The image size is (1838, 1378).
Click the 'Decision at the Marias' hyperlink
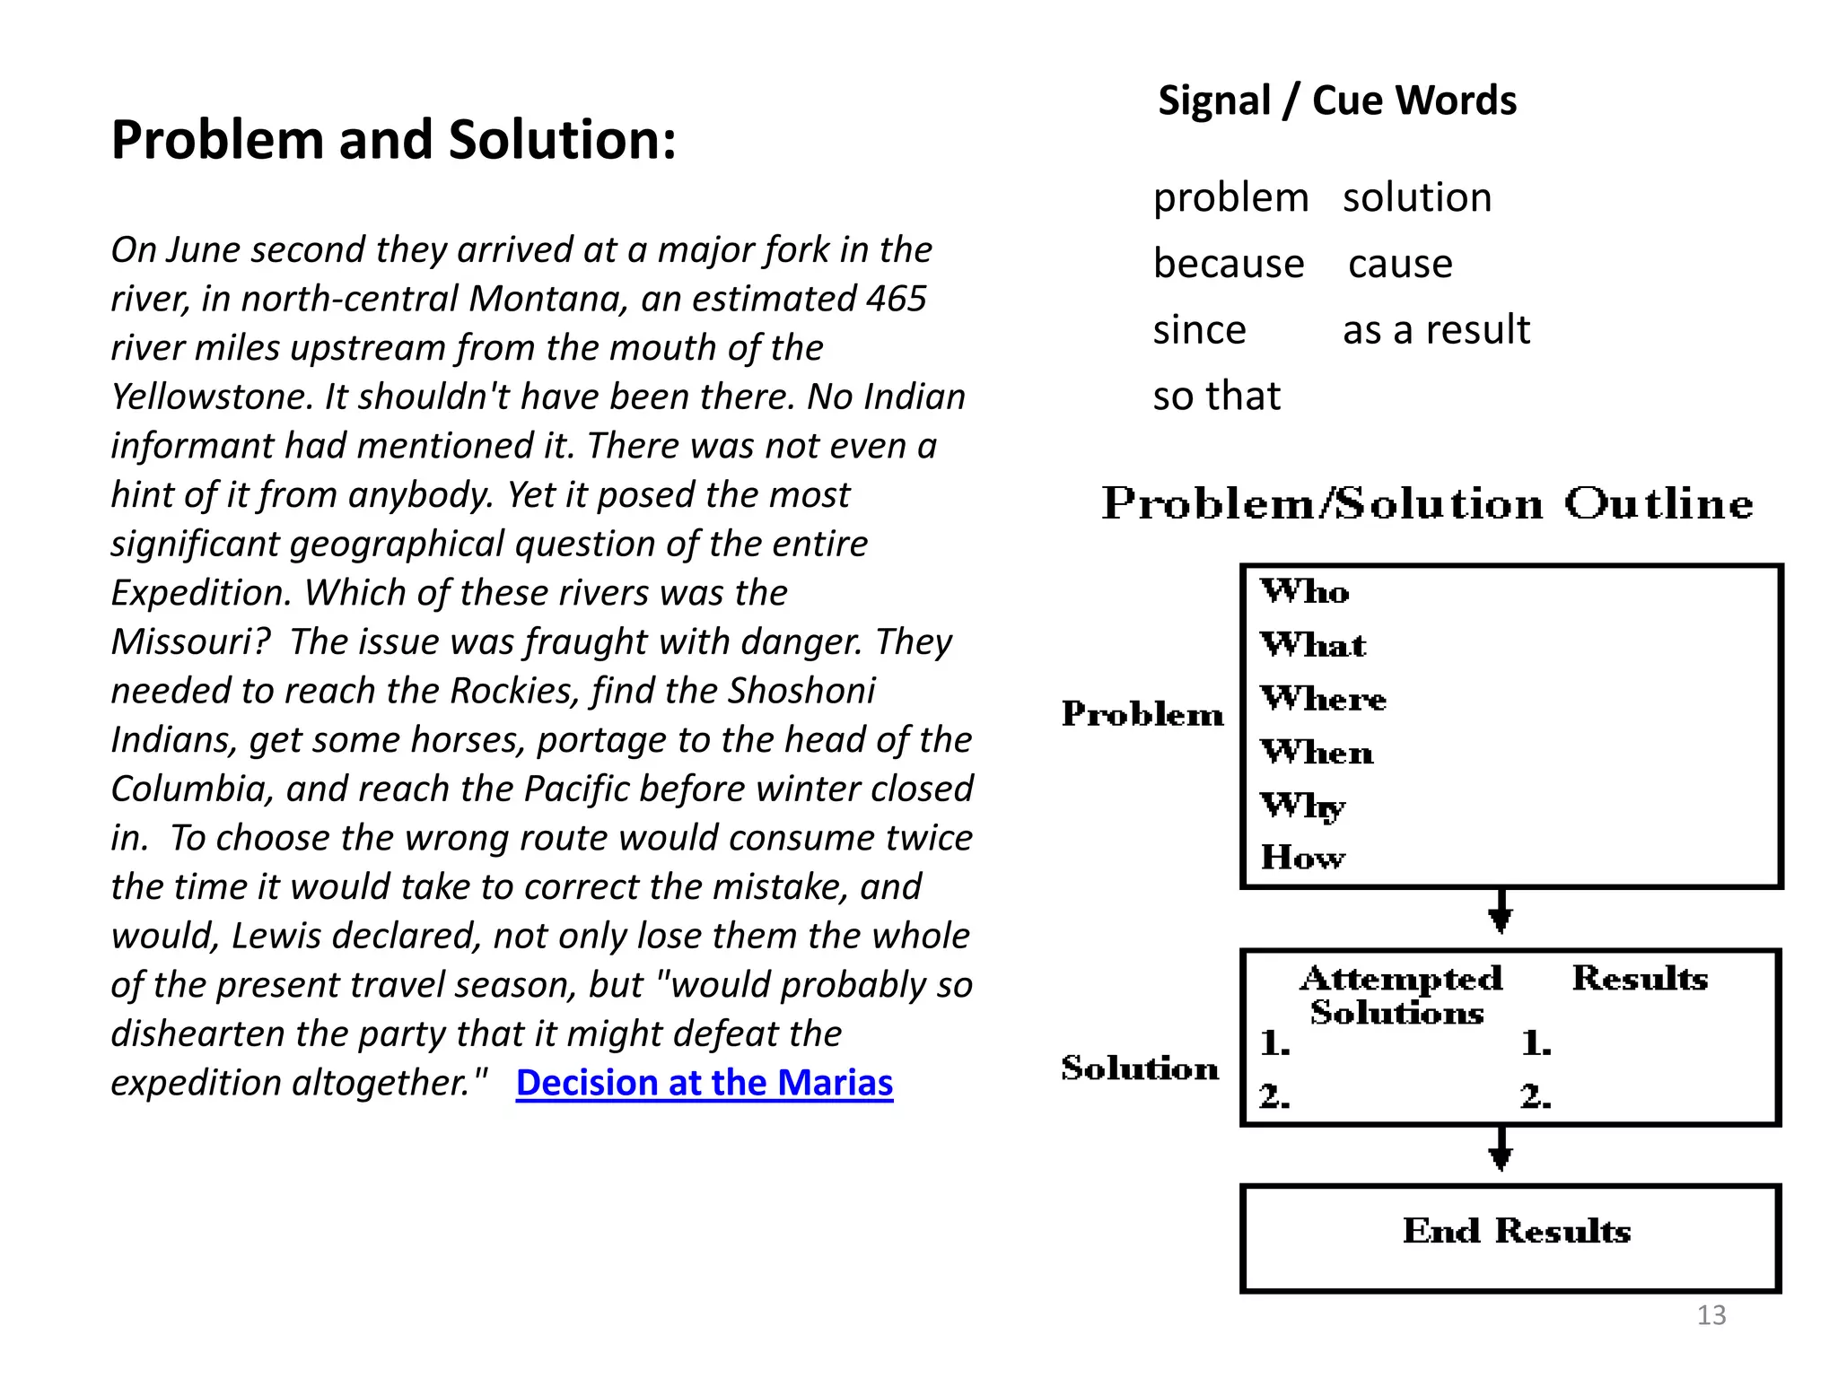(x=705, y=1083)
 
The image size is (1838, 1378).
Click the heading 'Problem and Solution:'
(x=393, y=141)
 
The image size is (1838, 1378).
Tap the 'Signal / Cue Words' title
(x=1336, y=100)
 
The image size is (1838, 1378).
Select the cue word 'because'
(x=1228, y=264)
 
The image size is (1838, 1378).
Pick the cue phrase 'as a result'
(x=1436, y=330)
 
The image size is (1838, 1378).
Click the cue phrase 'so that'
(x=1216, y=396)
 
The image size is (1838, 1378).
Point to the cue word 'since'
(x=1199, y=330)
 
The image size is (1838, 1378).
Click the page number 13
(x=1711, y=1315)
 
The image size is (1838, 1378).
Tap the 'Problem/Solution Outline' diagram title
(x=1427, y=503)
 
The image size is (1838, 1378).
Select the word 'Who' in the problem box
(x=1304, y=592)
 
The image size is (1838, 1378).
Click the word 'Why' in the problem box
(x=1302, y=807)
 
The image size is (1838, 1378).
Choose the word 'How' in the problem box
(x=1302, y=859)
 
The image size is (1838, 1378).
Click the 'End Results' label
(x=1516, y=1231)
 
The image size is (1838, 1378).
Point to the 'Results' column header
(x=1640, y=978)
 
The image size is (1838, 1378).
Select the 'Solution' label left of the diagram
(x=1140, y=1068)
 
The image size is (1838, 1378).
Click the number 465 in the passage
(x=895, y=299)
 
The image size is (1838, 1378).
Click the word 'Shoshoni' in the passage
(x=801, y=691)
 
